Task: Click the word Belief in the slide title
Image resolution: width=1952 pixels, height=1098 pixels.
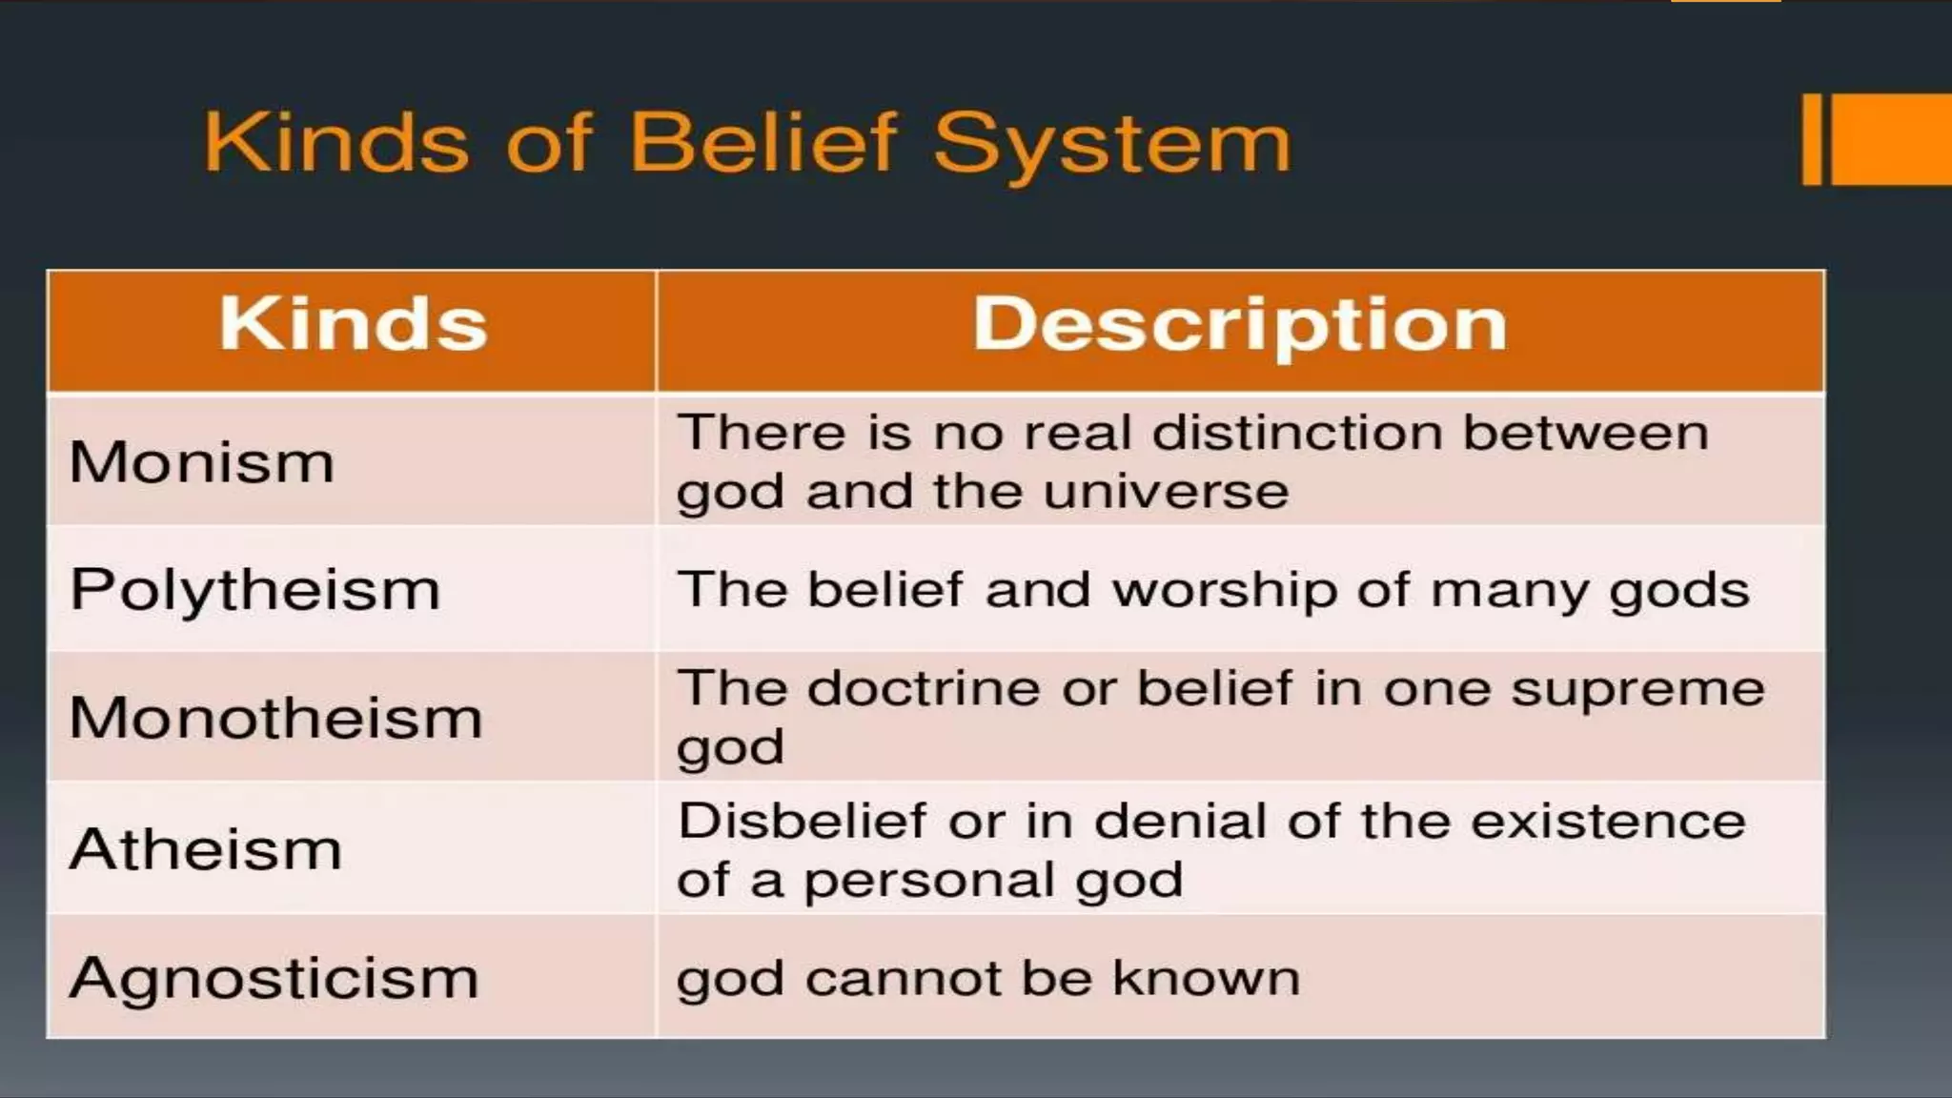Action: (x=762, y=143)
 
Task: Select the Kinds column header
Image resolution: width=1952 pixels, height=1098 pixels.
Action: (x=353, y=325)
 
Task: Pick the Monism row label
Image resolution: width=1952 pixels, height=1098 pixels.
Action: (x=202, y=462)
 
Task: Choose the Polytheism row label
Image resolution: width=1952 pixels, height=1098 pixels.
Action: (x=255, y=590)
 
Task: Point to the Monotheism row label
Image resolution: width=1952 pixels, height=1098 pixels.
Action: (x=276, y=718)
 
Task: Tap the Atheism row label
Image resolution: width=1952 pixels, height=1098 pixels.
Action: (x=206, y=848)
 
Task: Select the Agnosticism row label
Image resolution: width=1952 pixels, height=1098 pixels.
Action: (x=274, y=979)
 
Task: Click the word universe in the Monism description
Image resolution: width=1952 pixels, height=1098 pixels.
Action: (x=1166, y=492)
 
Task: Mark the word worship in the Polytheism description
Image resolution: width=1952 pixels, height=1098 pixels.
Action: (x=1224, y=590)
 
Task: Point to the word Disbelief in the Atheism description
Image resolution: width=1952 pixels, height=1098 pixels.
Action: (x=801, y=821)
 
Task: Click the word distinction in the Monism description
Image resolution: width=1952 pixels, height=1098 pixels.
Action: (x=1298, y=433)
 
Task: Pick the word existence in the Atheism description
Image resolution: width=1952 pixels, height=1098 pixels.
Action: (x=1608, y=821)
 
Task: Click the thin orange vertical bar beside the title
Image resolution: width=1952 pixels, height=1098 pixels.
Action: (x=1812, y=139)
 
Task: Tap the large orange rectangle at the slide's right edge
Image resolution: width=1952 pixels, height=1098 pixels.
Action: (x=1892, y=139)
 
